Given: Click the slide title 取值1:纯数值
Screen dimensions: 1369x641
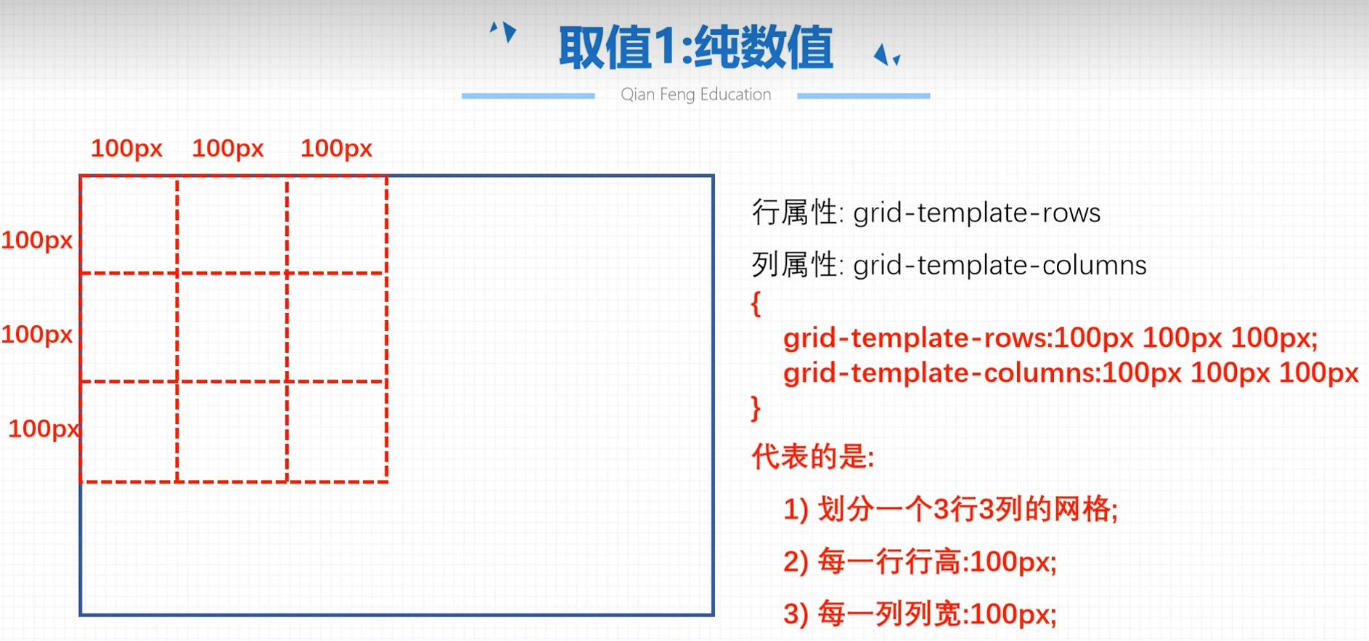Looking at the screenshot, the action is click(695, 48).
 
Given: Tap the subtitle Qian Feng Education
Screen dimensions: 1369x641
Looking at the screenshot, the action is click(695, 94).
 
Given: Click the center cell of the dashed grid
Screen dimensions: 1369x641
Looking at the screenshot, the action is click(232, 327).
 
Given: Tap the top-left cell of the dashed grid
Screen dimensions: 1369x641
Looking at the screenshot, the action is click(129, 225).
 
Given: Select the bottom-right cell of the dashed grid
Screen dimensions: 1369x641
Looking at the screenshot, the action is click(337, 431).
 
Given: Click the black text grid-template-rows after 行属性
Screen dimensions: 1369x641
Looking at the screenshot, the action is click(976, 213).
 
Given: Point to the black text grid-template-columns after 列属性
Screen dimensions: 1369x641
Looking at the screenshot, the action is click(1000, 266).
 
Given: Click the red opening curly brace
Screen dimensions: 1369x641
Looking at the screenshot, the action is click(756, 303).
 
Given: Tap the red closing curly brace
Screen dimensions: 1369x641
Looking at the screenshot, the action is click(756, 408).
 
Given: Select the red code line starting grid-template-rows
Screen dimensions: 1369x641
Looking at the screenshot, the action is click(1050, 338).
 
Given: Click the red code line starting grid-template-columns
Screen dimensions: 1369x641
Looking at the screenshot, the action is click(1071, 373).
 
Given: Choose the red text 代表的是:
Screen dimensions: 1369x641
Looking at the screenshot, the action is click(813, 457).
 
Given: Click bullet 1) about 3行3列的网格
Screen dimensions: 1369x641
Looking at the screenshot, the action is click(950, 509).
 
